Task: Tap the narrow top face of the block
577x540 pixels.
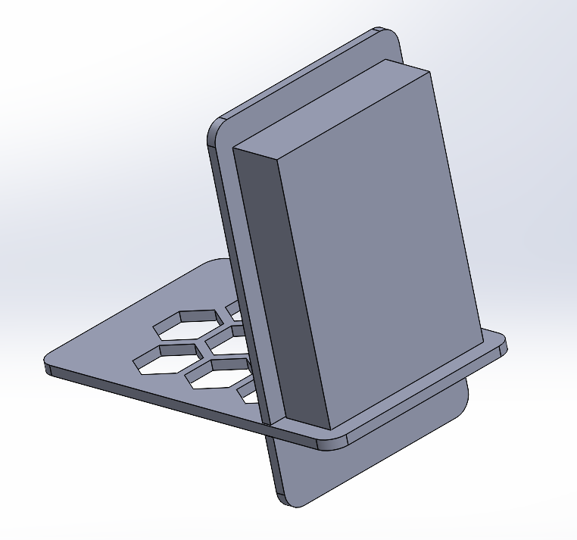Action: click(333, 106)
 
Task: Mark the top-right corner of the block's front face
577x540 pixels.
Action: click(429, 73)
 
